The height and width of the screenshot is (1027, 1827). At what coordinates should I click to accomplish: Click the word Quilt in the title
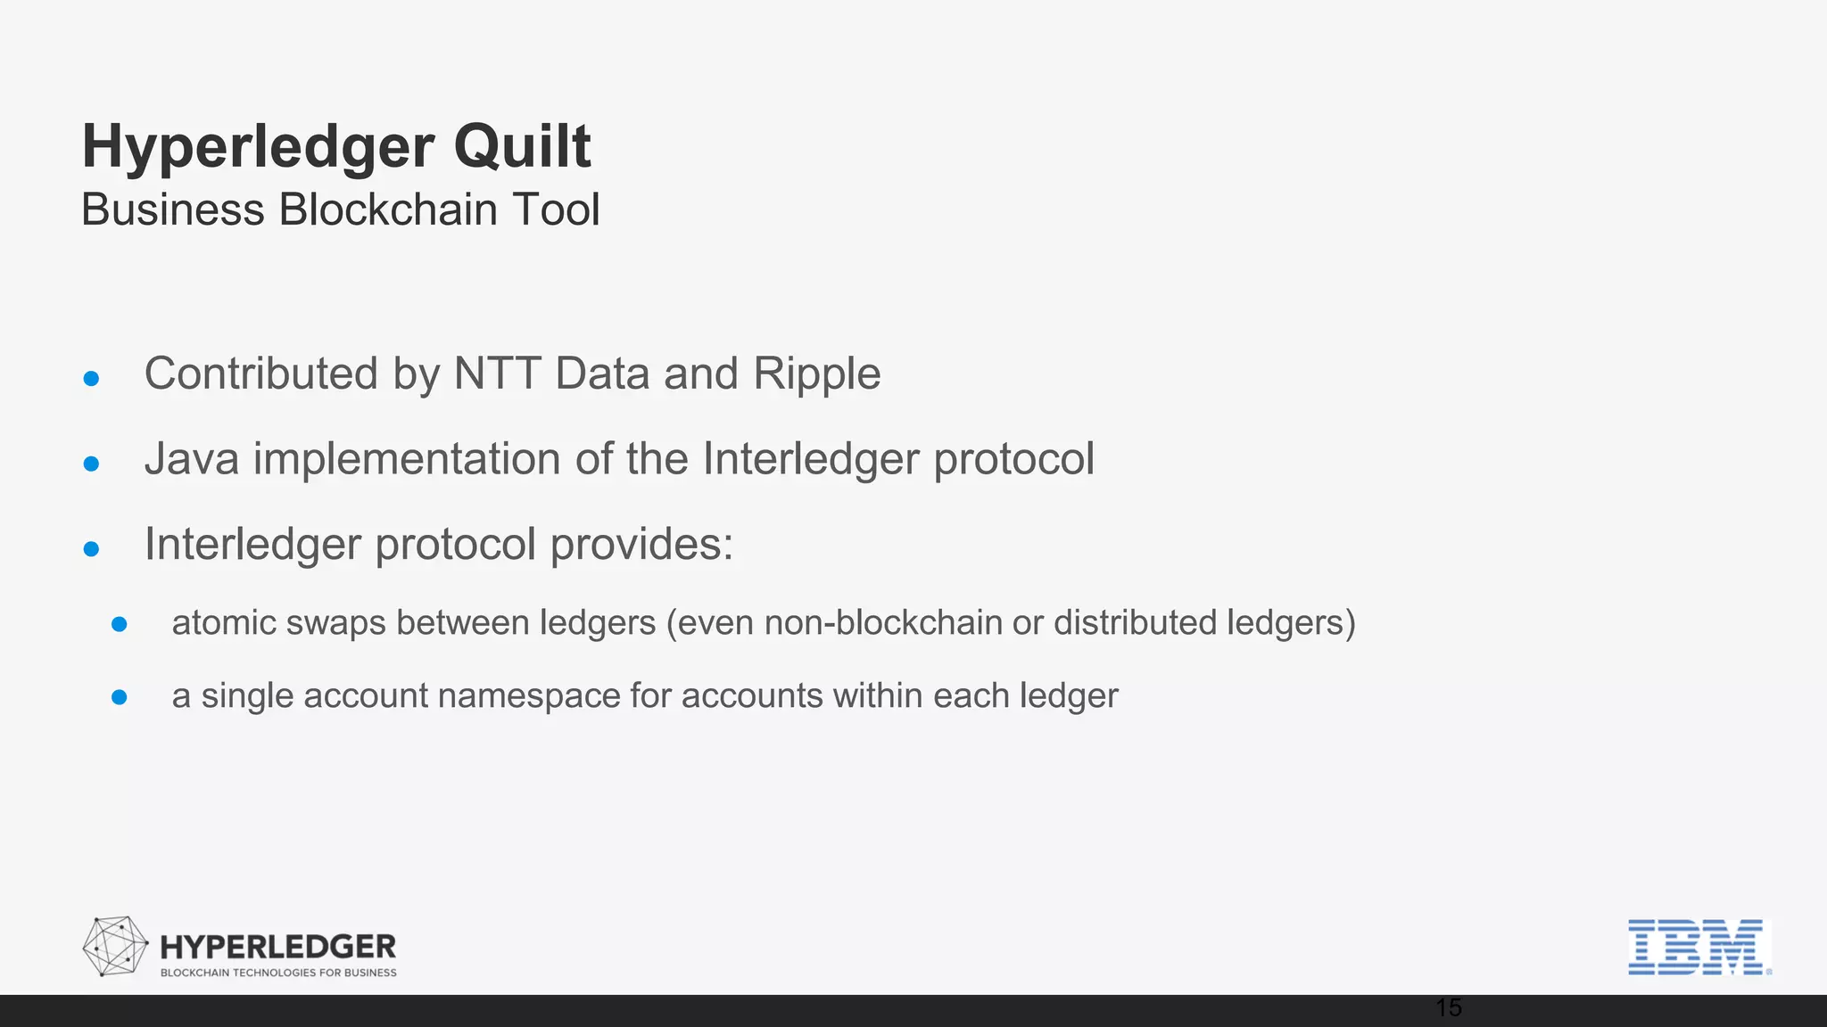coord(522,146)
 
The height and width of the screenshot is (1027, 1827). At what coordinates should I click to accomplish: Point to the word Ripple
coord(817,374)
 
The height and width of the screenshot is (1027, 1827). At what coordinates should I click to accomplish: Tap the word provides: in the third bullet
coord(641,545)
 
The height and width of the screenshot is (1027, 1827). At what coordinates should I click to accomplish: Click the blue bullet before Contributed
coord(91,379)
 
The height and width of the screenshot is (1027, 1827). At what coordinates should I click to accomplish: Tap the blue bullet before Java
coord(91,464)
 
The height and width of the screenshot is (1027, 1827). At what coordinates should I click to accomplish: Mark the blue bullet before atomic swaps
coord(120,624)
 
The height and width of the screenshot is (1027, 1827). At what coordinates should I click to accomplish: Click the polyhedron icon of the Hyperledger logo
coord(115,946)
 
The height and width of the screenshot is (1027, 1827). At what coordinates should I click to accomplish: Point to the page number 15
coord(1449,1008)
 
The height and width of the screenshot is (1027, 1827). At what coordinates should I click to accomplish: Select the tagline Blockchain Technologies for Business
coord(278,973)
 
